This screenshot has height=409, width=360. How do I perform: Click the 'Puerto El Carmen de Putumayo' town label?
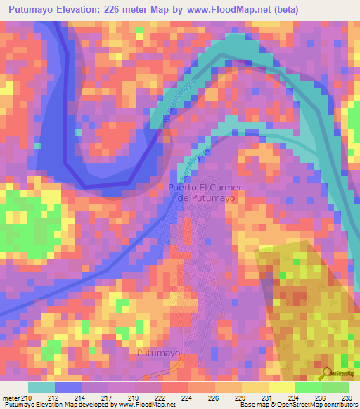(x=202, y=193)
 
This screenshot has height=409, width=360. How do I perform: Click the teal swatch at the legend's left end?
(x=41, y=387)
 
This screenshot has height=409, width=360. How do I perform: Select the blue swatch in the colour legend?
(x=67, y=387)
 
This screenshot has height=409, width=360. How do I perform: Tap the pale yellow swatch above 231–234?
(x=282, y=387)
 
